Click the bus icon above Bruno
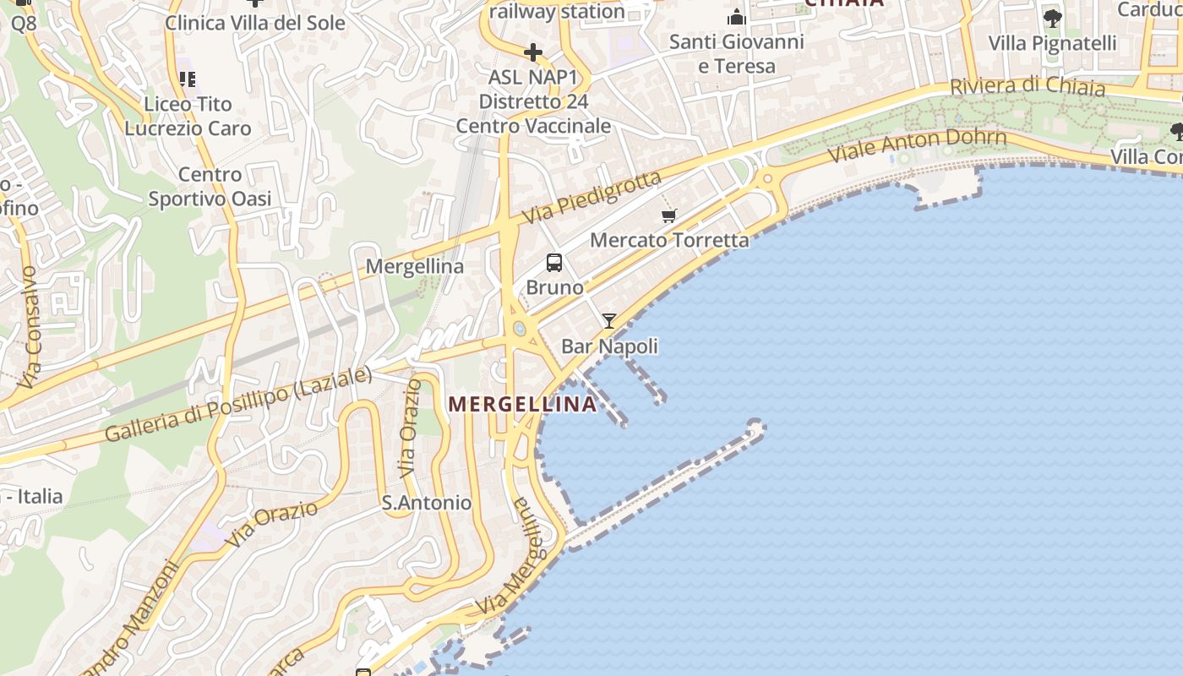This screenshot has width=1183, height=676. click(x=554, y=263)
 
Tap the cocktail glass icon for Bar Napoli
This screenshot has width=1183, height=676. click(x=608, y=321)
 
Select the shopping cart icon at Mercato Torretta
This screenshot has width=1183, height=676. click(x=669, y=216)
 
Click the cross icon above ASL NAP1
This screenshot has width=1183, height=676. click(x=533, y=52)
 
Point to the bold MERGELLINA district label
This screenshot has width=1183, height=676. click(x=522, y=404)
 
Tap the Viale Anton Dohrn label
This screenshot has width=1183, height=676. click(x=917, y=144)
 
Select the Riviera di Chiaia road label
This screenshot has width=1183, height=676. click(x=1027, y=86)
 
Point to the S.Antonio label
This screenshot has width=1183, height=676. click(x=427, y=503)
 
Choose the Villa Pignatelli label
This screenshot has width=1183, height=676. click(x=1052, y=43)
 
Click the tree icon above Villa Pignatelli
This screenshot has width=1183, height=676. click(x=1052, y=18)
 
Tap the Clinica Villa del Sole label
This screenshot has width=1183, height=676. click(x=255, y=23)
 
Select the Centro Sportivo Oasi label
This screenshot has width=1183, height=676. click(x=210, y=187)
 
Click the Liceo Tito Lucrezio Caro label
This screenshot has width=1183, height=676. click(x=188, y=116)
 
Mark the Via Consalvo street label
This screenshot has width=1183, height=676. click(x=30, y=328)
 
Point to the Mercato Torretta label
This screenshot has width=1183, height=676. click(x=669, y=240)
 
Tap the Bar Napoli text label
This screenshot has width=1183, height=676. click(x=609, y=346)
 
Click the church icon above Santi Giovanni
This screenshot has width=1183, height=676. click(x=737, y=17)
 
